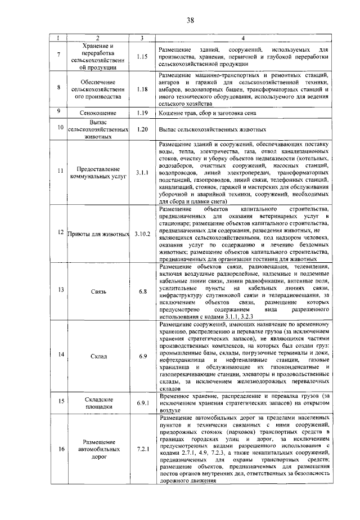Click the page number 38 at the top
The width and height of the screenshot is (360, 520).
[190, 20]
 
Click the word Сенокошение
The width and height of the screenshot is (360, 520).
[98, 113]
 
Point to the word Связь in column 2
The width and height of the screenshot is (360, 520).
[98, 292]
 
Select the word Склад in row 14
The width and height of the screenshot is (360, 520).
[98, 356]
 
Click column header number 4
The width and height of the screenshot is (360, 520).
[242, 38]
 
